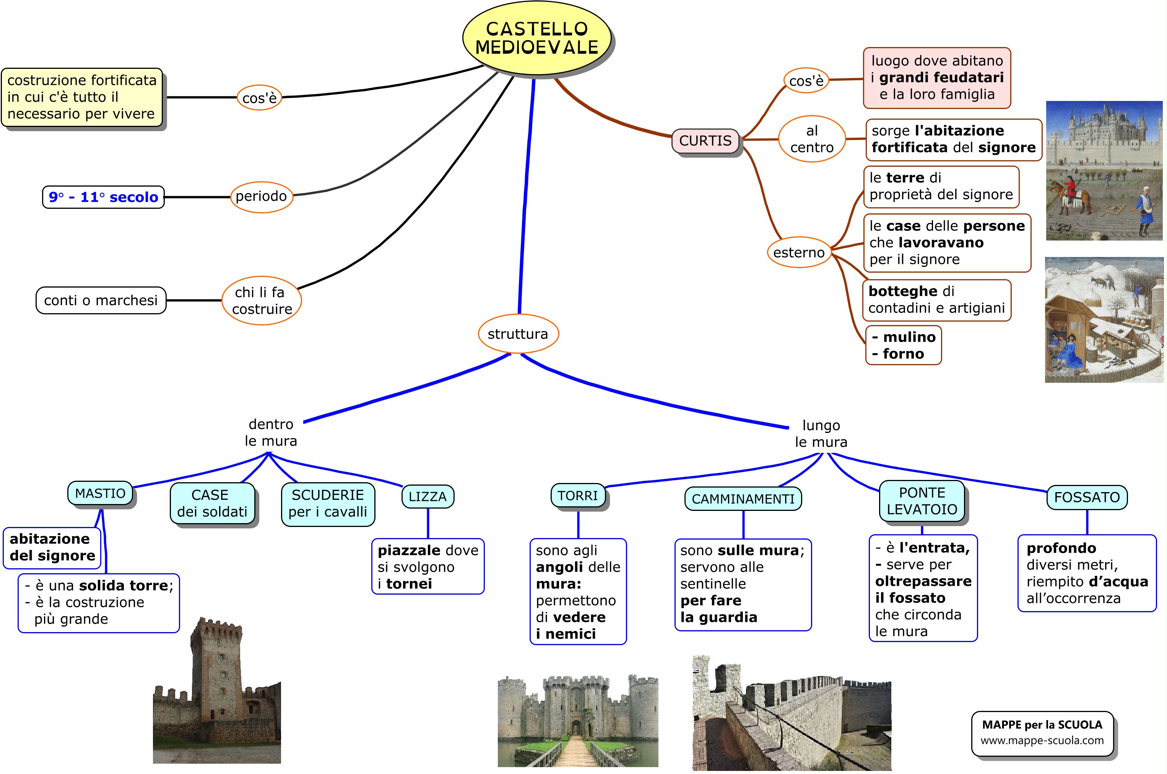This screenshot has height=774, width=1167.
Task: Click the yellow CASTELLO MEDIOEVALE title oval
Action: [x=536, y=39]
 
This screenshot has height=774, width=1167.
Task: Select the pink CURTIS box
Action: [x=705, y=141]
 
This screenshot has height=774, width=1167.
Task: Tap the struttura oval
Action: [x=518, y=334]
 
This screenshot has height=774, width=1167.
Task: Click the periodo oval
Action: [x=261, y=197]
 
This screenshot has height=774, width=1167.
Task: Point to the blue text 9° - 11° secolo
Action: [x=103, y=197]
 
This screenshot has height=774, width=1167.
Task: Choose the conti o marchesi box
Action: [x=101, y=300]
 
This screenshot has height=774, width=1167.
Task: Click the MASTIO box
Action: [x=100, y=493]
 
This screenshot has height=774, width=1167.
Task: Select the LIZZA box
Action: [x=427, y=496]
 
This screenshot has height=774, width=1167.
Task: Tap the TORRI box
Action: [x=577, y=495]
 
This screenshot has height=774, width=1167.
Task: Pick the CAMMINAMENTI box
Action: [x=743, y=499]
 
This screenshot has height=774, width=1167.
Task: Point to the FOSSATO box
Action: [x=1087, y=497]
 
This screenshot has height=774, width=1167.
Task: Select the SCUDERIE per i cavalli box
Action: [x=328, y=504]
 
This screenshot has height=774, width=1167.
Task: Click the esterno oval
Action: [x=798, y=253]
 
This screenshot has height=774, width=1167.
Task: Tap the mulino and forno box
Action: [x=903, y=345]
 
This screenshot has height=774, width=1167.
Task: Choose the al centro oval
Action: [x=812, y=139]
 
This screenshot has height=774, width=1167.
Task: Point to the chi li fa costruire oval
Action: [x=261, y=301]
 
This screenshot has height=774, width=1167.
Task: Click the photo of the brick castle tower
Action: [x=217, y=691]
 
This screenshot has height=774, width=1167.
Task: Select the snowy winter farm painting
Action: [x=1104, y=320]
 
